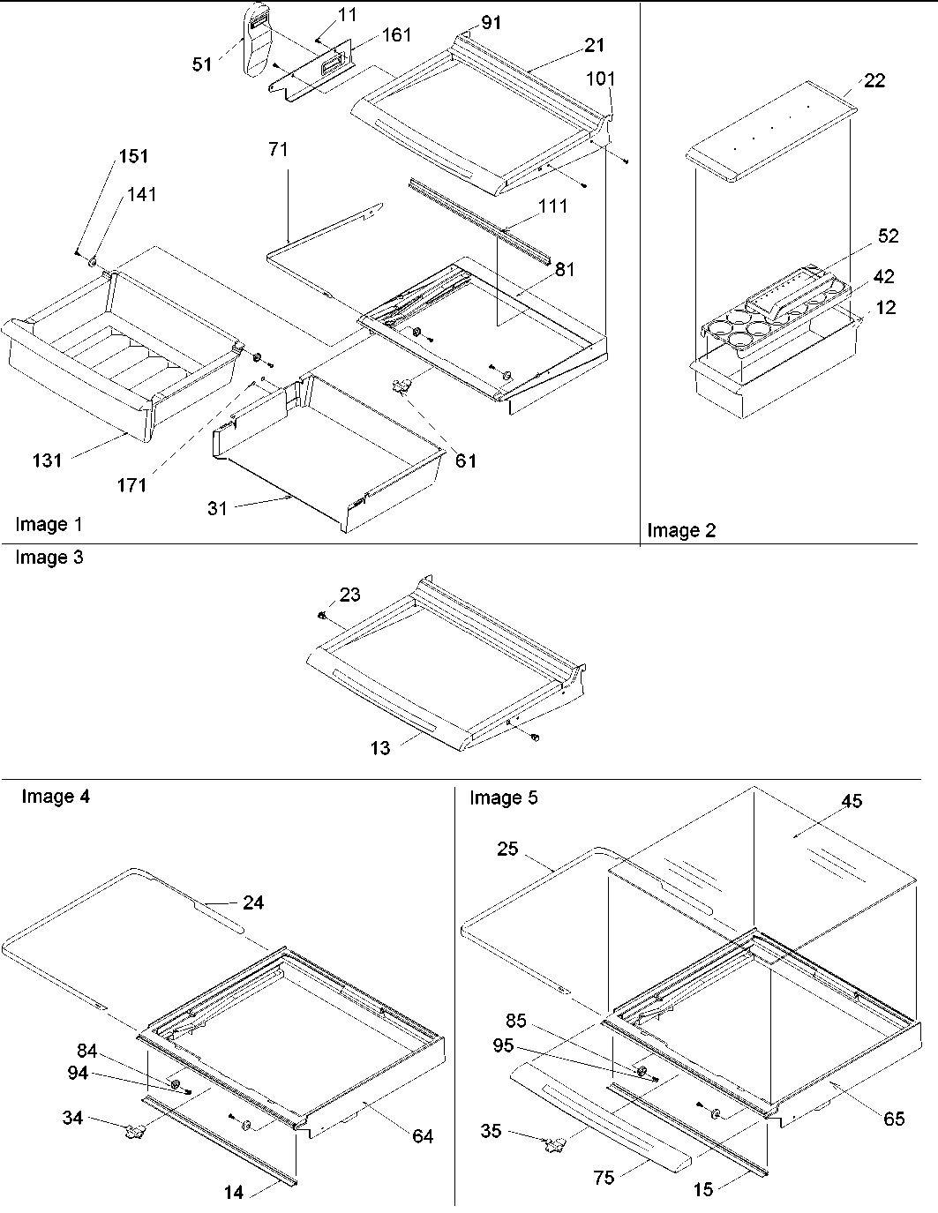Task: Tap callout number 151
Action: pos(133,156)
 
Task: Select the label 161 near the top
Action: pos(395,35)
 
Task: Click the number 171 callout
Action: pos(131,484)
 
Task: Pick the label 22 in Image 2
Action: pos(874,80)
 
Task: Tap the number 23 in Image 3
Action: pos(349,595)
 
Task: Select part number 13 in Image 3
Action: pos(379,748)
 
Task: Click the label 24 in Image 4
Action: pos(252,902)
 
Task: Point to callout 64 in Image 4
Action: pos(423,1136)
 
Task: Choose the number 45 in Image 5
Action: pos(852,801)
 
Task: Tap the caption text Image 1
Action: pos(49,525)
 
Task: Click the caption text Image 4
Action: pos(55,797)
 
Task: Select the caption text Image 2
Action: pos(681,530)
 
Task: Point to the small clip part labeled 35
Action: pos(554,1144)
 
